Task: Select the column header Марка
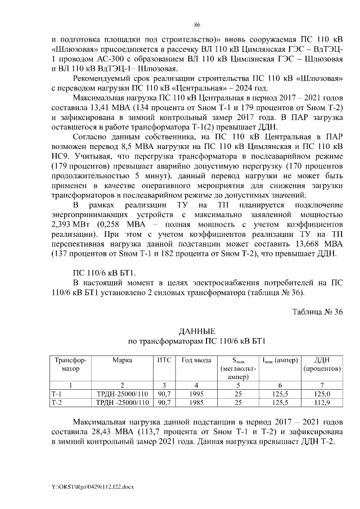122,359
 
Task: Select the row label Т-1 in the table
56,394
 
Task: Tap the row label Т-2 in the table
56,403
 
